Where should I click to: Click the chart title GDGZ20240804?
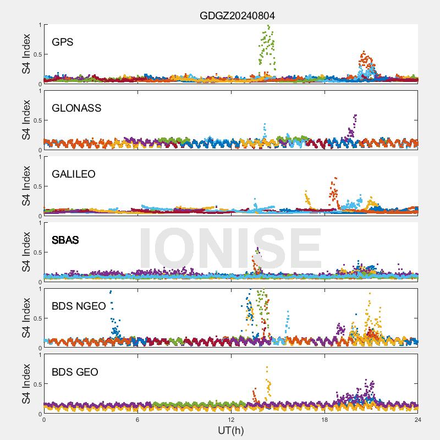(x=237, y=15)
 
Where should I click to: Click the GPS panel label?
(x=62, y=42)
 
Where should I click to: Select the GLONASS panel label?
(x=76, y=108)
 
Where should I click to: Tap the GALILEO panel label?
(x=73, y=174)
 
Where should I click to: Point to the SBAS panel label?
(x=65, y=240)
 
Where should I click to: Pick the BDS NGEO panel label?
(x=78, y=306)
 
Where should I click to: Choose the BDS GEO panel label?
(x=75, y=372)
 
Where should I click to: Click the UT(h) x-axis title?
(x=230, y=430)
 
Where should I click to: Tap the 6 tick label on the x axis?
(x=137, y=420)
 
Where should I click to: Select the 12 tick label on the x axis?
(x=231, y=420)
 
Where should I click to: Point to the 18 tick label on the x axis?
(x=324, y=420)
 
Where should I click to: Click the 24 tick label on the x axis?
(x=418, y=420)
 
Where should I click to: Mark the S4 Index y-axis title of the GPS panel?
(x=26, y=54)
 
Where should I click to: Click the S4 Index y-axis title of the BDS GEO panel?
(x=26, y=384)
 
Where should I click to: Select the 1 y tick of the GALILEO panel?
(x=38, y=157)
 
